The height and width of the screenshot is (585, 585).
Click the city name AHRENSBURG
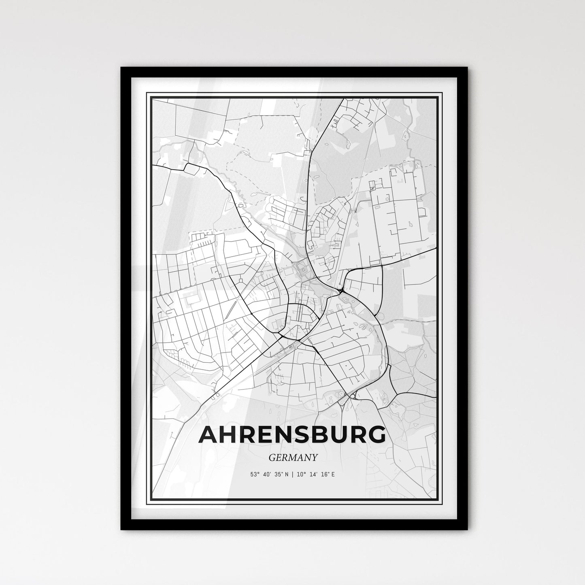pos(292,435)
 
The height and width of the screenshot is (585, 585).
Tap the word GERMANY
pos(292,457)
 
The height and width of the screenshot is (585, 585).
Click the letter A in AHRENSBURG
pos(208,435)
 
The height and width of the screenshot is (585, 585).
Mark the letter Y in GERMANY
pos(314,457)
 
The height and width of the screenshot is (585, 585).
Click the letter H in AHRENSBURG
pos(229,435)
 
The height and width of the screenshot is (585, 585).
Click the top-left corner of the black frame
pos(121,68)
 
